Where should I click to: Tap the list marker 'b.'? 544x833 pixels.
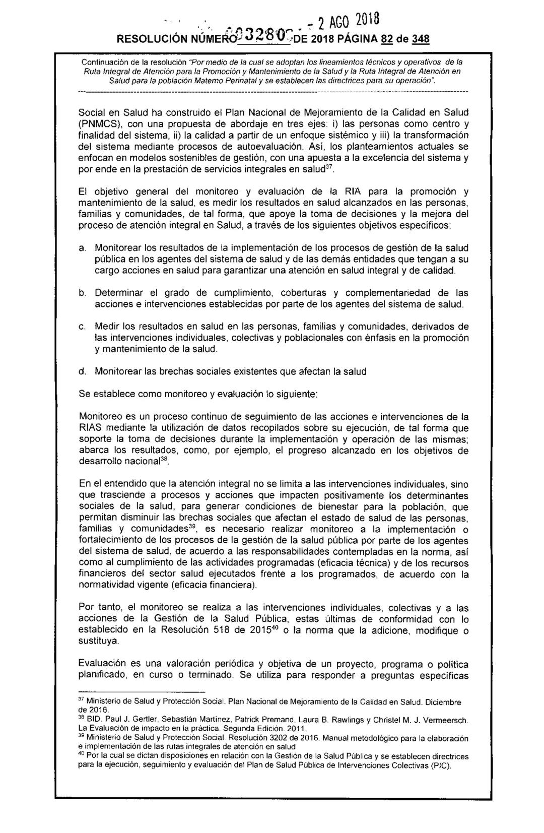pyautogui.click(x=82, y=293)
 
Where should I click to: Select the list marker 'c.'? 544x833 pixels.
pyautogui.click(x=82, y=327)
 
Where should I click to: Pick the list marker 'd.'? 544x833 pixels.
pyautogui.click(x=82, y=372)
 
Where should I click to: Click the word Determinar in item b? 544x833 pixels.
pyautogui.click(x=120, y=293)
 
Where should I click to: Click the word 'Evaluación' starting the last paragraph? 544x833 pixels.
pyautogui.click(x=104, y=665)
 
